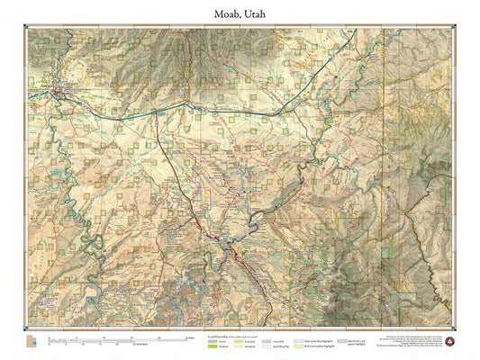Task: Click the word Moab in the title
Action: coord(229,14)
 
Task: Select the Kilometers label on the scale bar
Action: coord(141,344)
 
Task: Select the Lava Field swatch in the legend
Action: coord(266,341)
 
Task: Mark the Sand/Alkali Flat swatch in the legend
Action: coord(266,346)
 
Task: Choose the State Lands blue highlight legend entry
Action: coord(298,341)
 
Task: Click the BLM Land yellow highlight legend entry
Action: coord(298,346)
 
